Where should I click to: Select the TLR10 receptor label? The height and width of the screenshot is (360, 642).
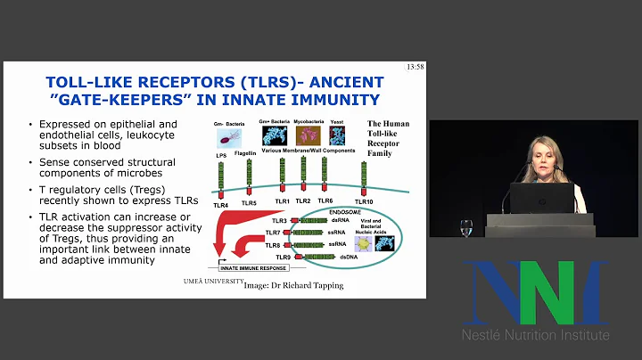coord(363,203)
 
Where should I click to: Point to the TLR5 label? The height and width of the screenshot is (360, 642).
coord(250,203)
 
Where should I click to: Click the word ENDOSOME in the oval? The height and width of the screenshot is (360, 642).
coord(337,212)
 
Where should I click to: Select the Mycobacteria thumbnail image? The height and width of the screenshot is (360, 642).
coord(306,135)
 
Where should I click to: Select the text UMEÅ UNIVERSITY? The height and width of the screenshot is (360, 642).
coord(210,282)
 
